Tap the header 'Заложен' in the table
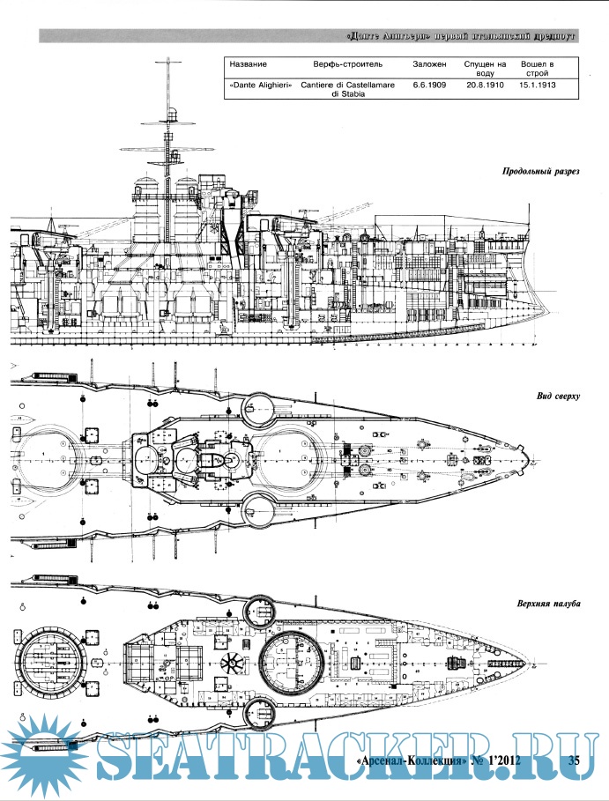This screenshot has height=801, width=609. pyautogui.click(x=429, y=66)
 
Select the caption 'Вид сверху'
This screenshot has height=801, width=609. pyautogui.click(x=557, y=397)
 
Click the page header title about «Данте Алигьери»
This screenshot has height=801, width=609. pyautogui.click(x=462, y=37)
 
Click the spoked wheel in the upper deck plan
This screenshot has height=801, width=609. pyautogui.click(x=233, y=664)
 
